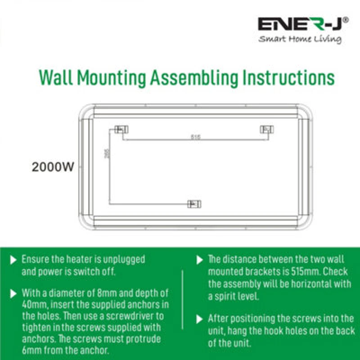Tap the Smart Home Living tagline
pyautogui.click(x=300, y=40)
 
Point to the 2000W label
pyautogui.click(x=53, y=167)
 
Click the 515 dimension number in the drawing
pyautogui.click(x=195, y=137)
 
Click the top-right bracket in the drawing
pyautogui.click(x=267, y=130)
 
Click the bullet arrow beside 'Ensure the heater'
pyautogui.click(x=13, y=260)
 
